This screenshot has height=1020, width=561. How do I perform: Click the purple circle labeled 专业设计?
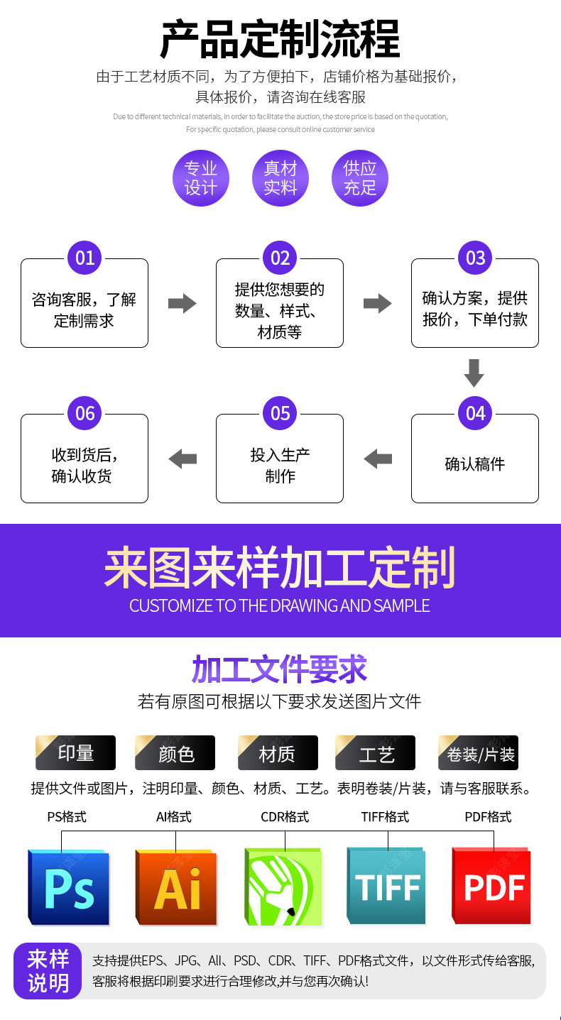tap(201, 178)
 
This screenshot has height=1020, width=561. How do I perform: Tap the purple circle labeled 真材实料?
tap(280, 178)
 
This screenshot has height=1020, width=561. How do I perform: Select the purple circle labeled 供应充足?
tap(360, 178)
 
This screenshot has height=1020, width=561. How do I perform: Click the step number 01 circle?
tap(85, 258)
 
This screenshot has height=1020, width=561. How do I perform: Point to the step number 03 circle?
tap(475, 258)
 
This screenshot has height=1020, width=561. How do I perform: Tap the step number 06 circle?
tap(85, 413)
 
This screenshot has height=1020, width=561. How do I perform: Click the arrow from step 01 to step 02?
tap(182, 304)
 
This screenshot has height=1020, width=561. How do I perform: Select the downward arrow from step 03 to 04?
tap(474, 373)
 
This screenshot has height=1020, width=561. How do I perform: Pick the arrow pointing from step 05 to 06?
tap(183, 459)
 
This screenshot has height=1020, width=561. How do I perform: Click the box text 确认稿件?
tap(474, 464)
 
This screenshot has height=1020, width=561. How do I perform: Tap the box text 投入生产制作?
tap(280, 466)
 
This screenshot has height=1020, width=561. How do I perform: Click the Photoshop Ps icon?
tap(69, 887)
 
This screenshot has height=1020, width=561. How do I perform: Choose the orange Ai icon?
tap(176, 887)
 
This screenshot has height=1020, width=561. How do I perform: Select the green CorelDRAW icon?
tap(283, 887)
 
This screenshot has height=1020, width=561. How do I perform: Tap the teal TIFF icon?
tap(387, 887)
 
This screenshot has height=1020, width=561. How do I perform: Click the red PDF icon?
tap(492, 887)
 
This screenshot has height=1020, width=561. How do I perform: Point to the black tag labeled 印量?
tap(76, 753)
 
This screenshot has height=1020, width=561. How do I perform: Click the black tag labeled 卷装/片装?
tap(479, 753)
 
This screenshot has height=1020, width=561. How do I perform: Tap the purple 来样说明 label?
tap(48, 971)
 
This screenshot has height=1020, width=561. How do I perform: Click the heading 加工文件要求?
tap(280, 670)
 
